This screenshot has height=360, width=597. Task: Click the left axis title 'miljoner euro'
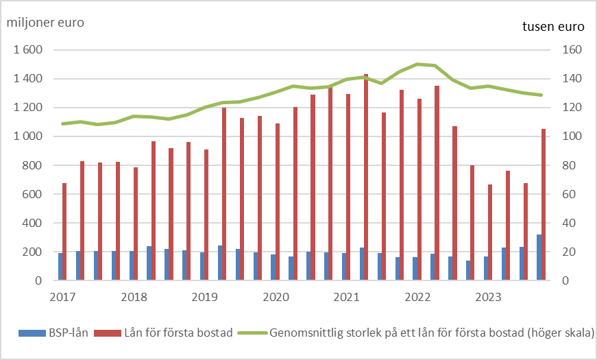tap(45, 22)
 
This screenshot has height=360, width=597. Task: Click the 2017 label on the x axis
tap(62, 297)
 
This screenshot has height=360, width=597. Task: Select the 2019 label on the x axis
tap(204, 297)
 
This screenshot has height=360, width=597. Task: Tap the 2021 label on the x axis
tap(346, 297)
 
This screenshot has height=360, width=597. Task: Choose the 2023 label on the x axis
tap(487, 297)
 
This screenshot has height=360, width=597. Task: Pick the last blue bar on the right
tap(539, 257)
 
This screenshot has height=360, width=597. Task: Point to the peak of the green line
tap(418, 64)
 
